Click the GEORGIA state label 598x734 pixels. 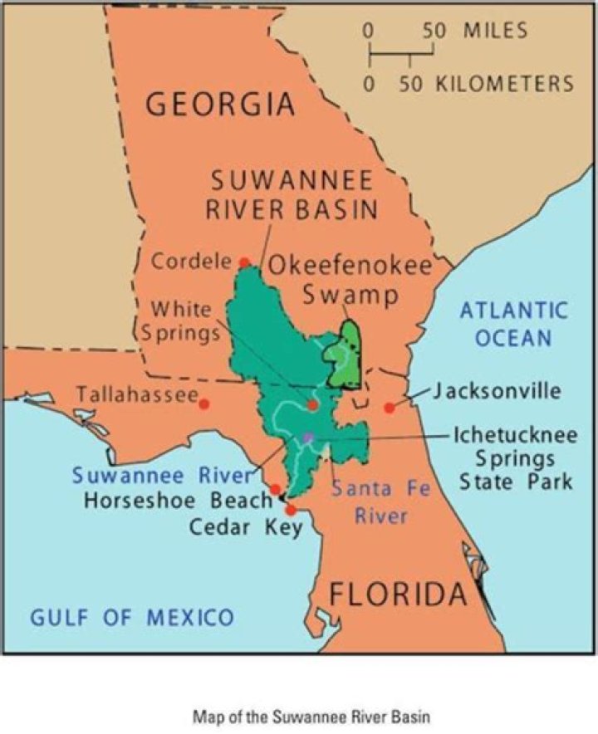click(220, 105)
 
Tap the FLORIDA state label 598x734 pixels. click(397, 595)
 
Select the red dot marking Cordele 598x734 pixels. click(244, 262)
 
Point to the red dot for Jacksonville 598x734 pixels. click(389, 408)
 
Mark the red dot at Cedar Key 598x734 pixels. click(291, 509)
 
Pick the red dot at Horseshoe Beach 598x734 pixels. click(275, 489)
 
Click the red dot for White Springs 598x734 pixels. click(312, 404)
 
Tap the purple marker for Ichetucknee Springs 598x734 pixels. click(308, 436)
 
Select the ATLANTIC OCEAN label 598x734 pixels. click(514, 325)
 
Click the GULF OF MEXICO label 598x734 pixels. click(132, 617)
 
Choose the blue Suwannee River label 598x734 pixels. click(160, 476)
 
